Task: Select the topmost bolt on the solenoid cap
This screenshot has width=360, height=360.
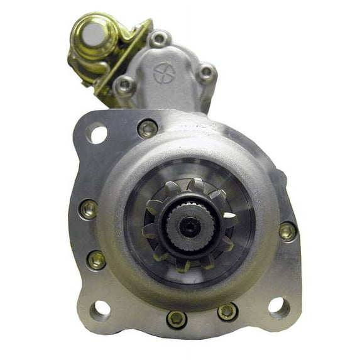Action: click(x=160, y=39)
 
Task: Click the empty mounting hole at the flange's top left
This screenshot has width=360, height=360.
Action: click(x=98, y=134)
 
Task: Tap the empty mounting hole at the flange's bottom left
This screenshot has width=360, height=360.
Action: click(x=100, y=310)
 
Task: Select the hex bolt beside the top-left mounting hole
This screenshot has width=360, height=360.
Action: click(x=148, y=129)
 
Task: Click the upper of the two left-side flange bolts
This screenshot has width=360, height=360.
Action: click(x=89, y=209)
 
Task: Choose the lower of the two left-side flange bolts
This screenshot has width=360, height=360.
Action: click(x=96, y=259)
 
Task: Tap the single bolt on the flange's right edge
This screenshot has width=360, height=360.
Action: click(x=287, y=231)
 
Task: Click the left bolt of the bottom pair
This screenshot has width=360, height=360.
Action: click(x=177, y=319)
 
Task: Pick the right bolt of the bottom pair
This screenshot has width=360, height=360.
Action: click(x=227, y=312)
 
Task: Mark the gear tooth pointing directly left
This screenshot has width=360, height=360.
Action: click(x=149, y=231)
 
